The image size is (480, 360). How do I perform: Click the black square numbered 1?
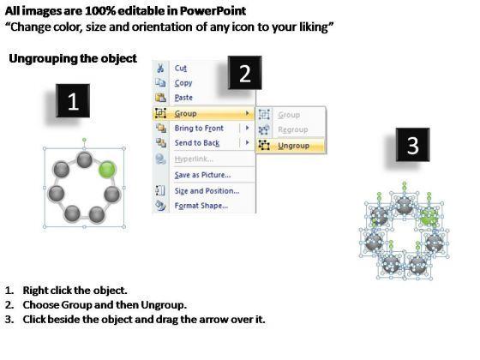pos(73,101)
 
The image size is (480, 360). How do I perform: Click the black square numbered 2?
pos(245,73)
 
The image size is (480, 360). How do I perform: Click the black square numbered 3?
pos(412,145)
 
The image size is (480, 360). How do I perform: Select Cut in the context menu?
pos(181,68)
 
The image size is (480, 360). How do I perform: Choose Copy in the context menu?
pos(183,83)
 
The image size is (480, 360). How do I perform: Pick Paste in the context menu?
pos(183,98)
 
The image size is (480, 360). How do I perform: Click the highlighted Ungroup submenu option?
pos(293,146)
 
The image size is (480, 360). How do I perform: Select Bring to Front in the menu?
pos(199,129)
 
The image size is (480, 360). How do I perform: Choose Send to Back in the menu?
pos(197,143)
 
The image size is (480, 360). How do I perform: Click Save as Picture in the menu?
pos(202,175)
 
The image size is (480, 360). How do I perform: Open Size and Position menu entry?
pos(207,191)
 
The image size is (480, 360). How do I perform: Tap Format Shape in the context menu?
pos(201,206)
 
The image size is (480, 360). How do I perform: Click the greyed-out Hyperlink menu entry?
pos(194,159)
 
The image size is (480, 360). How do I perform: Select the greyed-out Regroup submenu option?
pos(293,129)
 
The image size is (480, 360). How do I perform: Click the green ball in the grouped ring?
pos(107,170)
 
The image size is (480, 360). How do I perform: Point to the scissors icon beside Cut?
pos(160,68)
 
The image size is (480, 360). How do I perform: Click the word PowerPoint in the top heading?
pos(213,11)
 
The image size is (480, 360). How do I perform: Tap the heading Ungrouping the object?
pos(73,58)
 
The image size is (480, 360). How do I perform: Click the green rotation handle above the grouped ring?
pos(84,141)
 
